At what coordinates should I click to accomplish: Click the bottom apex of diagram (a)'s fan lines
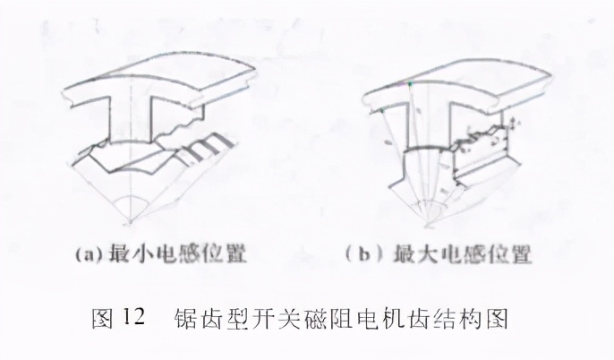(x=132, y=220)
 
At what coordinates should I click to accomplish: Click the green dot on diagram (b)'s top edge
(x=410, y=82)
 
